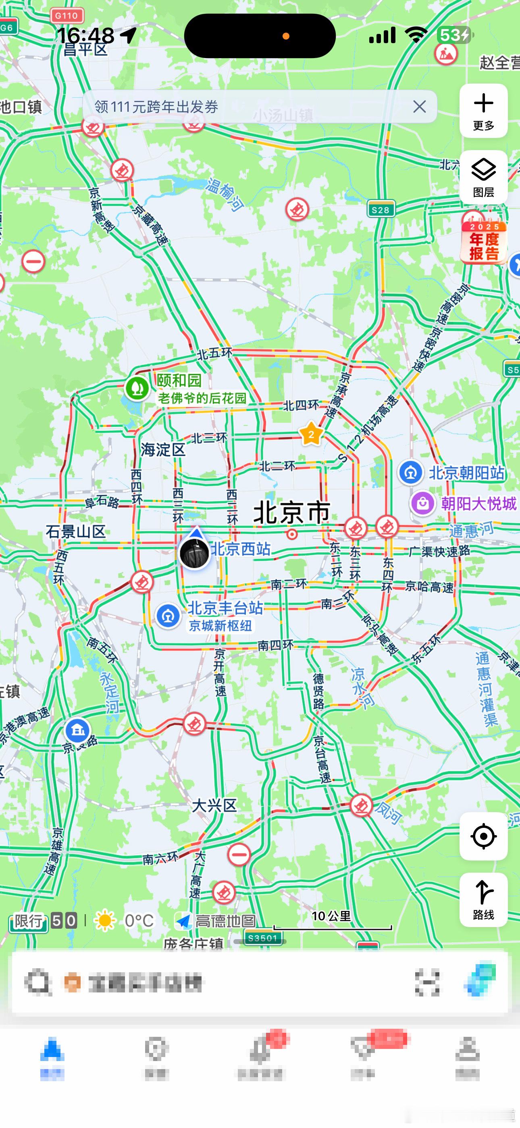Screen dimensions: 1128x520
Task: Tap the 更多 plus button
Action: tap(483, 111)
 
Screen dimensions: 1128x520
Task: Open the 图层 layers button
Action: tap(483, 177)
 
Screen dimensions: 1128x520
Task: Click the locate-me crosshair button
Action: tap(483, 836)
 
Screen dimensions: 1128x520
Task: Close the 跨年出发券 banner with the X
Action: tap(419, 107)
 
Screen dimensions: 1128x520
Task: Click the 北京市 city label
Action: tap(291, 512)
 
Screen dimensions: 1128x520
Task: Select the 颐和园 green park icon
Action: tap(137, 388)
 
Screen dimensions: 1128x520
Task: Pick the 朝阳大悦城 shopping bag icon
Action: tap(422, 503)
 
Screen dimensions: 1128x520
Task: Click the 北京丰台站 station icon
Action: tap(168, 616)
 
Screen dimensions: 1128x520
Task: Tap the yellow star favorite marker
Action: tap(311, 434)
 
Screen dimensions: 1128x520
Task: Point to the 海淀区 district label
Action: tap(163, 450)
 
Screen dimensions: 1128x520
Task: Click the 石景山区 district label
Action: tap(76, 532)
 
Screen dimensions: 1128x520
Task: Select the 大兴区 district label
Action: tap(214, 805)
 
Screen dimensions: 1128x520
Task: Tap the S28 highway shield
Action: tap(381, 210)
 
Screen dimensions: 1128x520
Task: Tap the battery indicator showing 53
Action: tap(454, 35)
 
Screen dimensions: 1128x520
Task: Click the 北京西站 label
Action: tap(241, 549)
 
